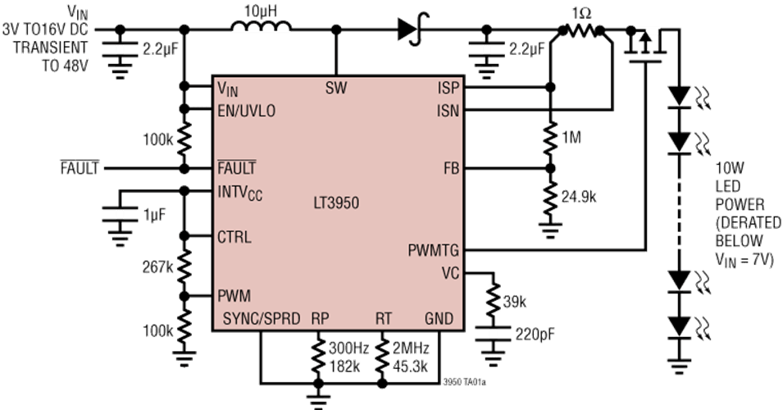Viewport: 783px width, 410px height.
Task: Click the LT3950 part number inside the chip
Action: (x=336, y=202)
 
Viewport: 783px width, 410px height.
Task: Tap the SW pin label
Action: (x=336, y=88)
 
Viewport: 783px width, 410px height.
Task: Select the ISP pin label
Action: (x=448, y=88)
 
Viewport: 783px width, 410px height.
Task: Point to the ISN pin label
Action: (x=448, y=110)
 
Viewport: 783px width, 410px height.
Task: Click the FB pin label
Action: (x=450, y=169)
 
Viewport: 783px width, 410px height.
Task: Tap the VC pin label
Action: (x=450, y=272)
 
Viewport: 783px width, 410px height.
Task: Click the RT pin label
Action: (x=384, y=317)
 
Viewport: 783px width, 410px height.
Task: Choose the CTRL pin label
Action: (x=234, y=238)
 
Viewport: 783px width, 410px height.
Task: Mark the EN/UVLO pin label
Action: (x=246, y=110)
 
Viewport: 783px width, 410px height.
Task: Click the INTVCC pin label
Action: (x=241, y=194)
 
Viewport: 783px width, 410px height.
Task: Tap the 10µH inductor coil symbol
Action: (x=261, y=29)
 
